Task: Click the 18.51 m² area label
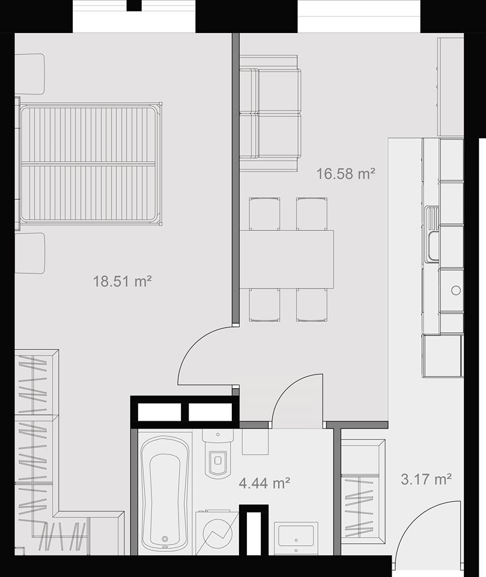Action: pyautogui.click(x=122, y=281)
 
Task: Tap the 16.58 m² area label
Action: pyautogui.click(x=346, y=173)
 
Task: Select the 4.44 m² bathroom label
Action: pyautogui.click(x=264, y=483)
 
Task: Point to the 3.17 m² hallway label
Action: pyautogui.click(x=426, y=480)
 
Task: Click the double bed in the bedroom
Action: pyautogui.click(x=91, y=163)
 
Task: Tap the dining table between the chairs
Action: pyautogui.click(x=287, y=260)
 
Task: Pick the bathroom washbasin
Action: pyautogui.click(x=296, y=537)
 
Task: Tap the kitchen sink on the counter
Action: pyautogui.click(x=432, y=234)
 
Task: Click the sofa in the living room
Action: pyautogui.click(x=270, y=114)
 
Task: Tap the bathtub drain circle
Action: pyautogui.click(x=165, y=539)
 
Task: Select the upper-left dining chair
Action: pyautogui.click(x=264, y=214)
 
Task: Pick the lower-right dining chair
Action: pyautogui.click(x=312, y=305)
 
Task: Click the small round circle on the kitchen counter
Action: pyautogui.click(x=456, y=290)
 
